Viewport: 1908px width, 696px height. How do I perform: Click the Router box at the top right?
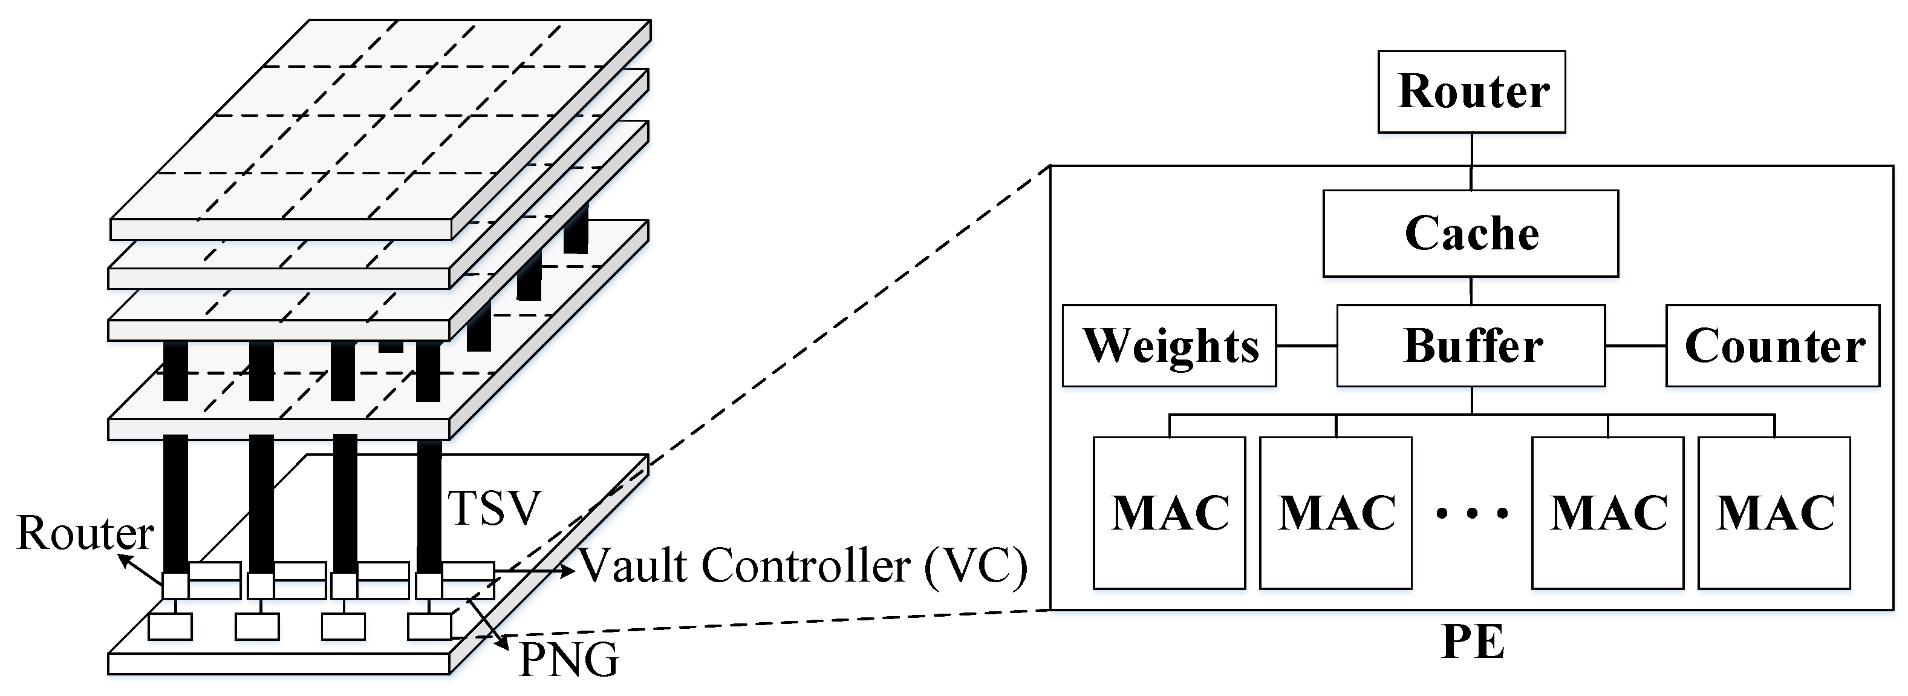tap(1471, 92)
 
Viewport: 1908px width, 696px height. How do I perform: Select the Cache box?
tap(1470, 234)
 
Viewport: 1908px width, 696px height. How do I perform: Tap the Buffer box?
tap(1470, 346)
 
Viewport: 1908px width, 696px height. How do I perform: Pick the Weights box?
tap(1169, 346)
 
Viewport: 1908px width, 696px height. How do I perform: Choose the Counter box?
tap(1773, 346)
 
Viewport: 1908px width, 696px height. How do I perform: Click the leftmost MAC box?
tap(1169, 513)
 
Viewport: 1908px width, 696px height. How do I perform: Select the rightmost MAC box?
tap(1774, 513)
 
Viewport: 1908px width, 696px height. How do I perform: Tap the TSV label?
tap(494, 508)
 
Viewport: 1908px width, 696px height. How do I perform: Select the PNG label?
tap(568, 660)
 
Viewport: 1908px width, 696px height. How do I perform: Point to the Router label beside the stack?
tap(85, 533)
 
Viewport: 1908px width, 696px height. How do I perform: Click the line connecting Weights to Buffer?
tap(1306, 346)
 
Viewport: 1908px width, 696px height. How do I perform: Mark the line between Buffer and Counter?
tap(1635, 346)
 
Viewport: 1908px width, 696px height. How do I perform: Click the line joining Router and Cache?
tap(1471, 162)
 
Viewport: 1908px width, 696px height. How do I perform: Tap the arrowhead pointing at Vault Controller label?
tap(569, 570)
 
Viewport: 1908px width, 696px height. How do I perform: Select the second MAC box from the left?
tap(1335, 513)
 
